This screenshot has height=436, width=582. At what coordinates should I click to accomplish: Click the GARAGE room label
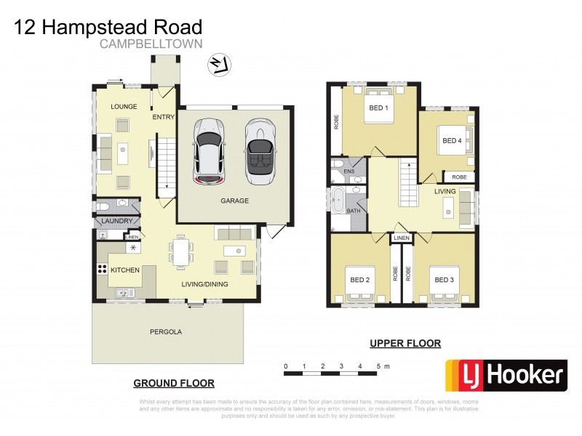click(x=234, y=201)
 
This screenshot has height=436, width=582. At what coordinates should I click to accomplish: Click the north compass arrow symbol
click(x=218, y=65)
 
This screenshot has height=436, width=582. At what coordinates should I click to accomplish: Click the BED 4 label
click(x=452, y=140)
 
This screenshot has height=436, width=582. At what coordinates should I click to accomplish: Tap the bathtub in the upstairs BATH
click(x=338, y=199)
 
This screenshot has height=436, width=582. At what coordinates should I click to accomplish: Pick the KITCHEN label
click(x=124, y=270)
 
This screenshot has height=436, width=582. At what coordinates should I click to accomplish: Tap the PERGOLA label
click(x=167, y=331)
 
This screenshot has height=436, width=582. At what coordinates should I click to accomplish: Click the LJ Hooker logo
click(x=506, y=376)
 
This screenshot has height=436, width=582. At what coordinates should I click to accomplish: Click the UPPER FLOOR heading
click(x=405, y=344)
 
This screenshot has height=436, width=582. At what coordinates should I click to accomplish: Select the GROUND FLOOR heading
click(x=174, y=383)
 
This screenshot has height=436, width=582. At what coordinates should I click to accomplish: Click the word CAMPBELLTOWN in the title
click(x=151, y=45)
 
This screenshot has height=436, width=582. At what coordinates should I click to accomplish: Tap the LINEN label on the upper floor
click(x=401, y=238)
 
